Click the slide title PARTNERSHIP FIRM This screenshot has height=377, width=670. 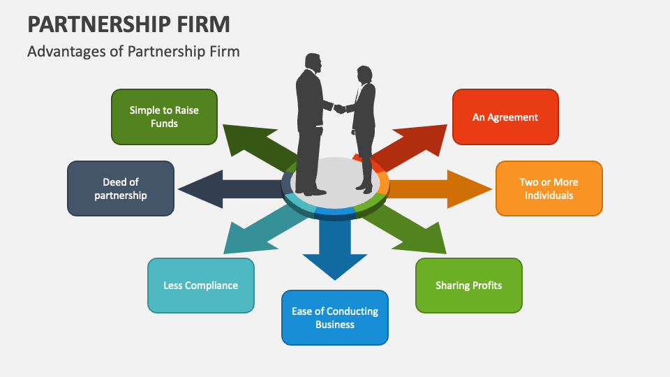(128, 24)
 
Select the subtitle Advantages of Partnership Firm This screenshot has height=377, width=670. (133, 52)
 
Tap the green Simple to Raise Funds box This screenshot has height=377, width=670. (164, 117)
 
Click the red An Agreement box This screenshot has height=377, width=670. (505, 117)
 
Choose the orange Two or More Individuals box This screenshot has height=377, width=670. (549, 188)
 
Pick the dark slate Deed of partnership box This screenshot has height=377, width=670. (121, 188)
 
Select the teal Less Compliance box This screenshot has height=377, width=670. (200, 285)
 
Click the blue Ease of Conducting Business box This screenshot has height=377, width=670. (335, 318)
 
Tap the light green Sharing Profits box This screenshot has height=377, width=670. (468, 285)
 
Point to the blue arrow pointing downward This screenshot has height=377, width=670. (335, 251)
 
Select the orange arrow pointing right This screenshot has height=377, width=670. (447, 188)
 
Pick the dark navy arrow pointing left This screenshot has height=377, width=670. (223, 189)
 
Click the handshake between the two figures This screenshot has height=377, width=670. (339, 108)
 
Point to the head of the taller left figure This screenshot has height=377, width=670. (313, 63)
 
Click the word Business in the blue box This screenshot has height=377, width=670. (335, 325)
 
